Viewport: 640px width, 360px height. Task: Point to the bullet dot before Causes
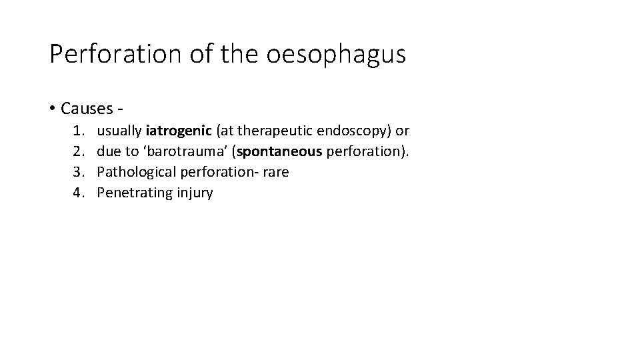point(53,108)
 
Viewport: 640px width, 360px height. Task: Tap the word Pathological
point(133,172)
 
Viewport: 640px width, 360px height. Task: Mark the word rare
point(275,172)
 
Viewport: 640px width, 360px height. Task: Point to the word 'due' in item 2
point(108,151)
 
